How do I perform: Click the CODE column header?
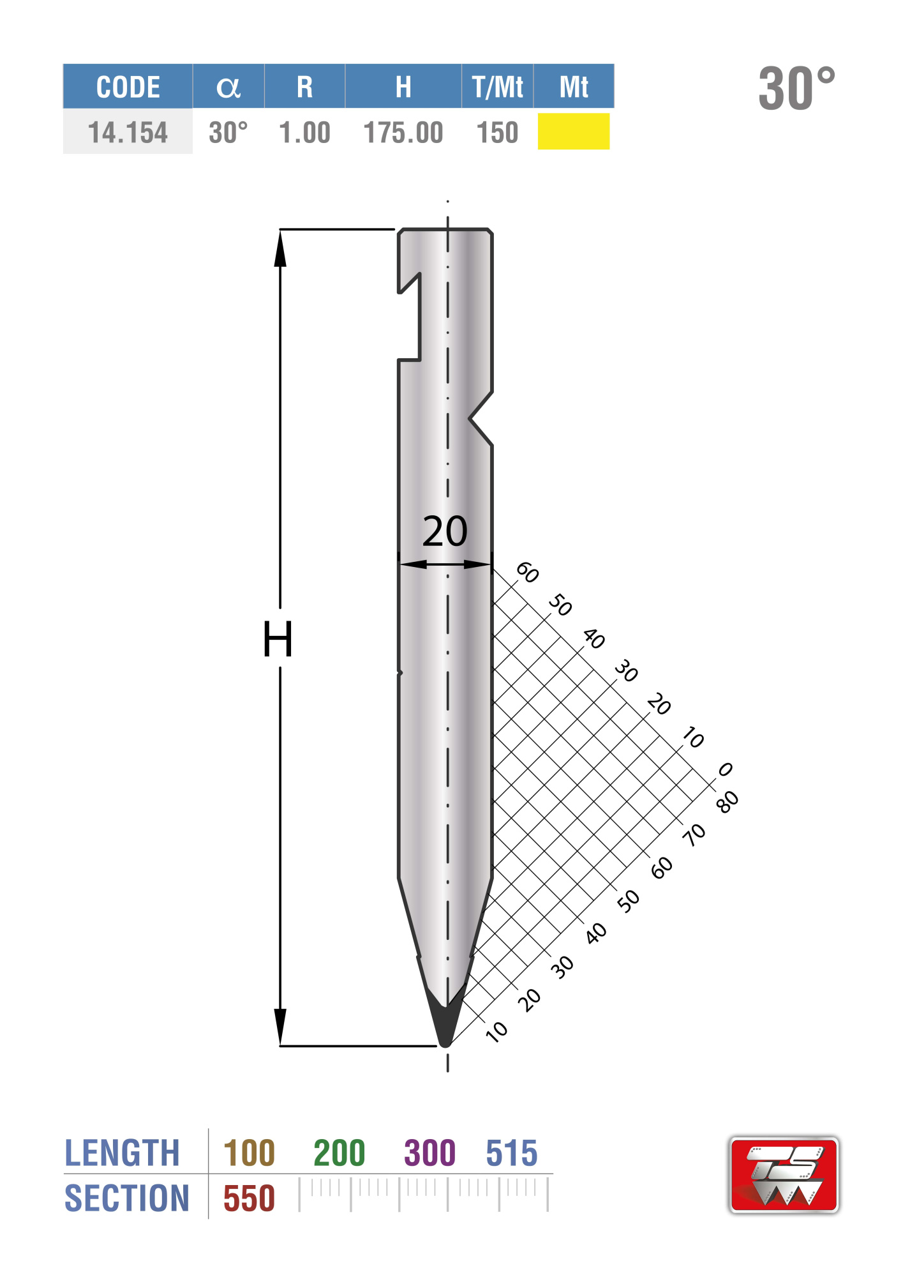pos(128,87)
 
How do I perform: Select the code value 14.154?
pos(128,133)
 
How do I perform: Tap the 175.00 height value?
pos(403,133)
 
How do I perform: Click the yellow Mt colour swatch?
pos(574,132)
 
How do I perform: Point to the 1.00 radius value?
pos(305,133)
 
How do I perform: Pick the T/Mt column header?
pos(498,87)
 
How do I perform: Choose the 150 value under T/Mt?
pos(498,133)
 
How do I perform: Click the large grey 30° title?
pos(797,88)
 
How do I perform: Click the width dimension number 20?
pos(445,531)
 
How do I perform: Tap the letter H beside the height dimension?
pos(278,639)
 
